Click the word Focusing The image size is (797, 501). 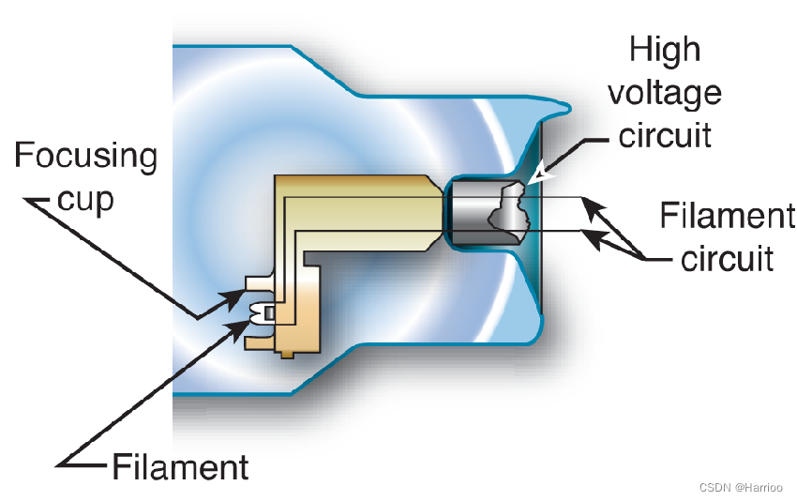[x=85, y=156]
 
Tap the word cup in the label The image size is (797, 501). [x=85, y=198]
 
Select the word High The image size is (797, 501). [x=665, y=50]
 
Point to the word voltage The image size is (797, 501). [x=665, y=92]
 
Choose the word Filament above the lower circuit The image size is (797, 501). [x=727, y=216]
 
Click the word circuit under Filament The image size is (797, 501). [x=727, y=258]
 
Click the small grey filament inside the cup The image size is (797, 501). [x=269, y=312]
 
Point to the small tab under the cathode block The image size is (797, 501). [x=286, y=354]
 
